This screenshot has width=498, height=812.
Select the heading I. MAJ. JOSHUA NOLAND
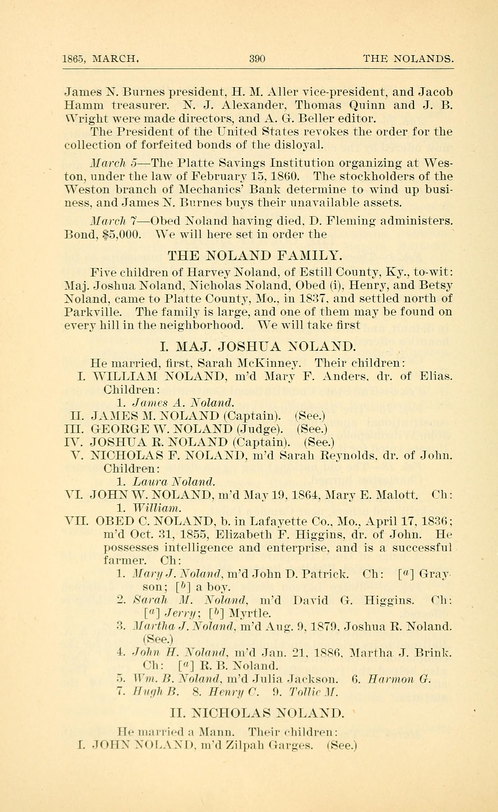click(x=258, y=347)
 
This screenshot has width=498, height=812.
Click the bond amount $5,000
click(x=122, y=234)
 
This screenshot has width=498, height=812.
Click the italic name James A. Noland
click(x=183, y=403)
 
